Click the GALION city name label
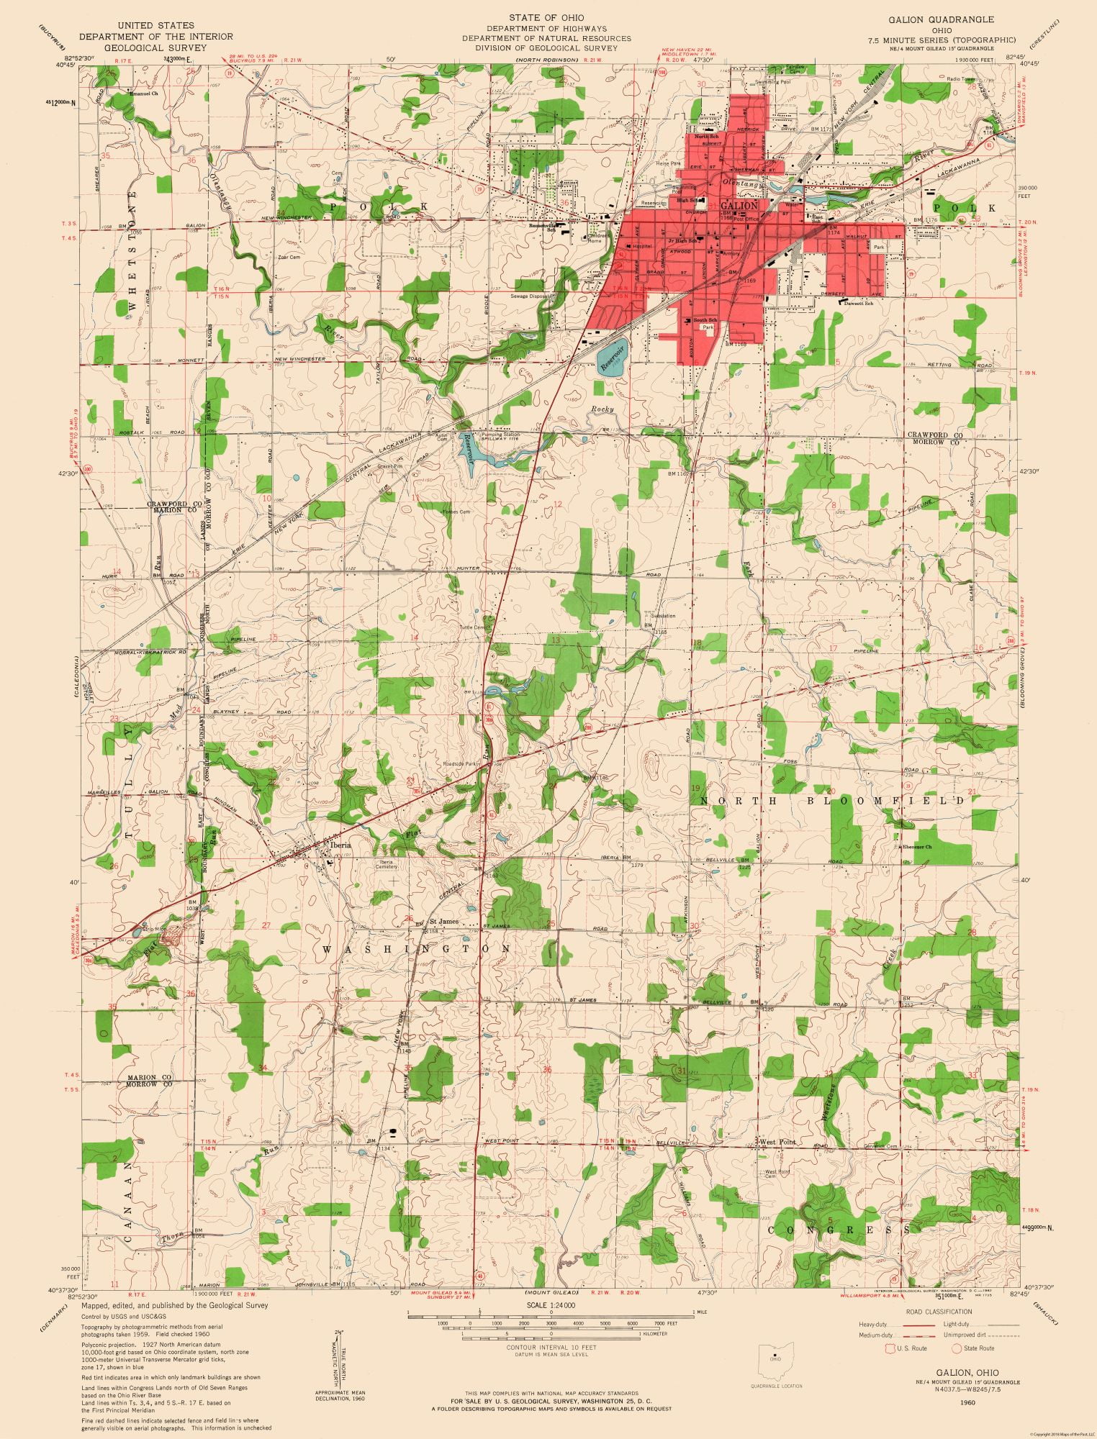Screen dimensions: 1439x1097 pyautogui.click(x=739, y=205)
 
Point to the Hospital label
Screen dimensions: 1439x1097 pyautogui.click(x=641, y=246)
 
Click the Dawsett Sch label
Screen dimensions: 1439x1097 pyautogui.click(x=859, y=303)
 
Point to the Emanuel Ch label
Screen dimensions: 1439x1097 pyautogui.click(x=145, y=93)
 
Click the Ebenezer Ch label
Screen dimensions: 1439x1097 pyautogui.click(x=916, y=847)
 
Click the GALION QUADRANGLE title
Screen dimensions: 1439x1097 pyautogui.click(x=950, y=19)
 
